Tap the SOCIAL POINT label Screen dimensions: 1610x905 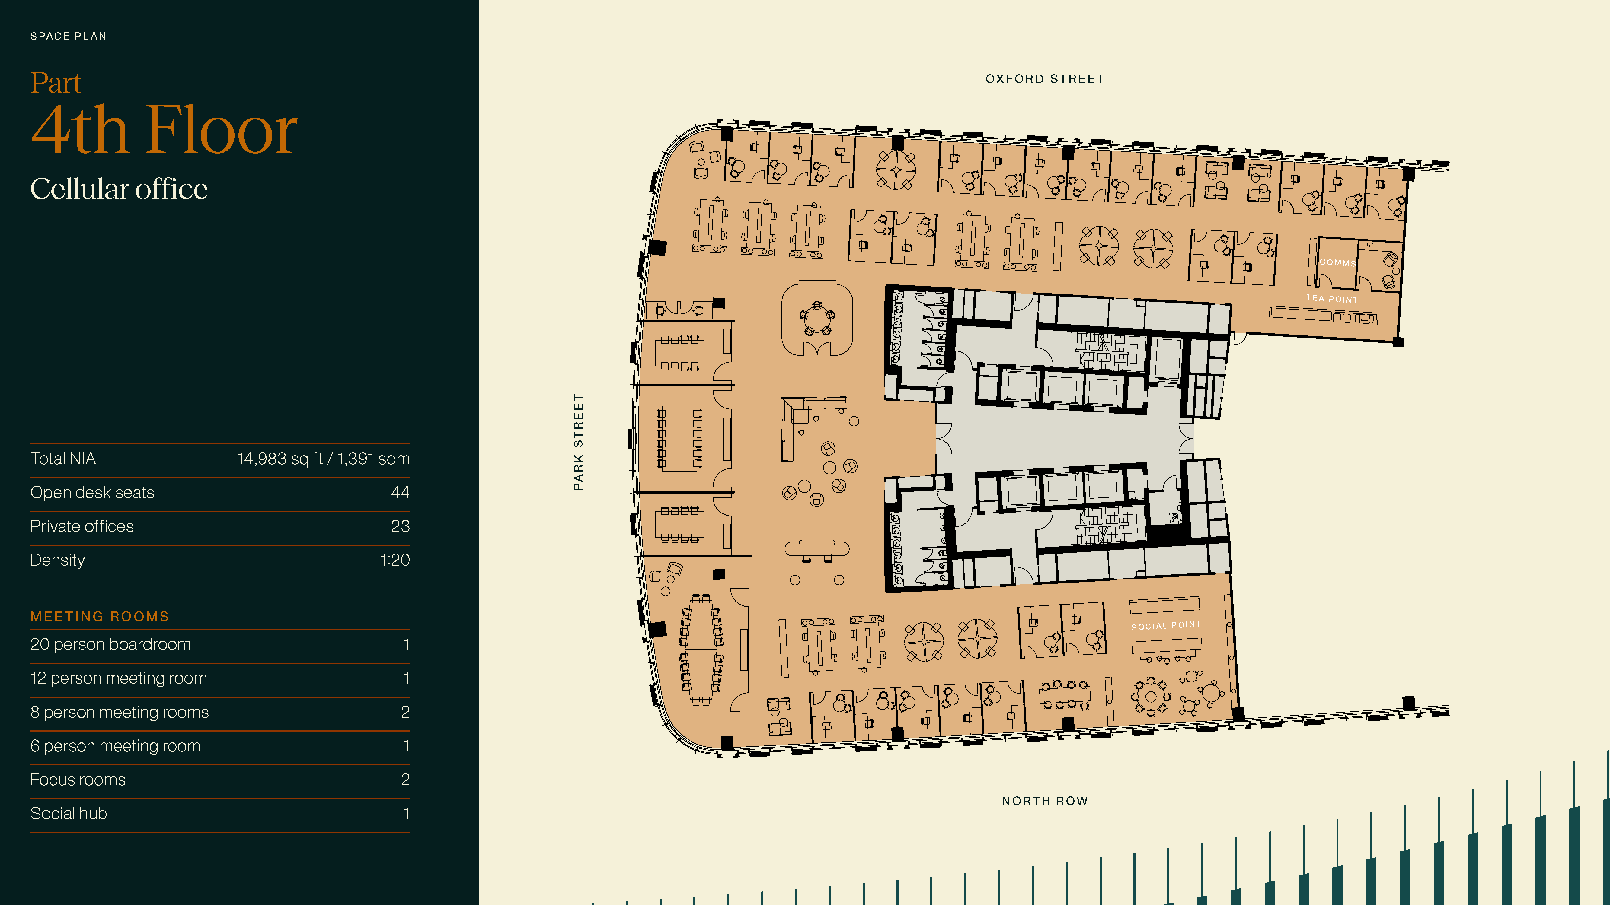point(1166,625)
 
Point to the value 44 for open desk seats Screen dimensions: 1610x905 point(400,492)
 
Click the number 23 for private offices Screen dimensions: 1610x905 point(400,526)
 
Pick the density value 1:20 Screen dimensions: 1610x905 point(395,560)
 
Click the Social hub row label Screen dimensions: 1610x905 point(69,813)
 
